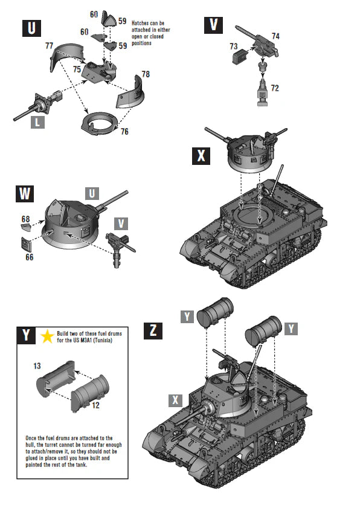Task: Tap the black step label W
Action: coord(25,194)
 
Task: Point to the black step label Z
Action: coord(153,330)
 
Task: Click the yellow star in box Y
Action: coord(46,337)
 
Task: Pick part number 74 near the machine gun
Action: coord(275,36)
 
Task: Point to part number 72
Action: coord(275,88)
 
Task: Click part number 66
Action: coord(30,257)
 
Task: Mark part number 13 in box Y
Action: coord(36,366)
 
